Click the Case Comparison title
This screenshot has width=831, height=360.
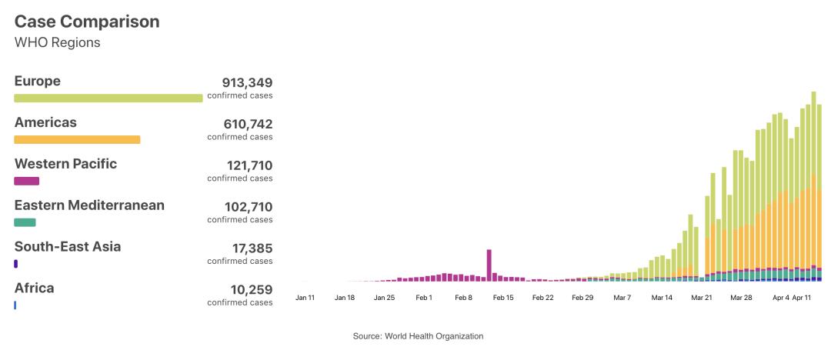click(87, 22)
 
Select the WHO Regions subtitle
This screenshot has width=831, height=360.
click(58, 42)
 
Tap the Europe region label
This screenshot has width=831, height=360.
click(38, 82)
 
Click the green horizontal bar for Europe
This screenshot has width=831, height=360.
click(108, 98)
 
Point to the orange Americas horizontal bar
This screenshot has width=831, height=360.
click(77, 139)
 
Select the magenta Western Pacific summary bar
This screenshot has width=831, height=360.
click(26, 181)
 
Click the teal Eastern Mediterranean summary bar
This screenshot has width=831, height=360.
click(25, 222)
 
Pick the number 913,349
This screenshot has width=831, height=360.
click(247, 82)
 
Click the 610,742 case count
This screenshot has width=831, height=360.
click(247, 124)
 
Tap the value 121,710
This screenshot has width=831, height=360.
click(247, 165)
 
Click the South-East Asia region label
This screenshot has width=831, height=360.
click(68, 247)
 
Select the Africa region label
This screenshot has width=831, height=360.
click(35, 288)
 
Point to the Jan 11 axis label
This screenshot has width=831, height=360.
click(305, 297)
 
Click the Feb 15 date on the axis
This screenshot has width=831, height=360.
click(502, 297)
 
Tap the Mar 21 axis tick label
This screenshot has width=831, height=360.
click(701, 297)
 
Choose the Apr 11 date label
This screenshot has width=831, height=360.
click(803, 297)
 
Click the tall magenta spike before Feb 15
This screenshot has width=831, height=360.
click(489, 264)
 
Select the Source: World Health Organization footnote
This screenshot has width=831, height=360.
click(418, 336)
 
